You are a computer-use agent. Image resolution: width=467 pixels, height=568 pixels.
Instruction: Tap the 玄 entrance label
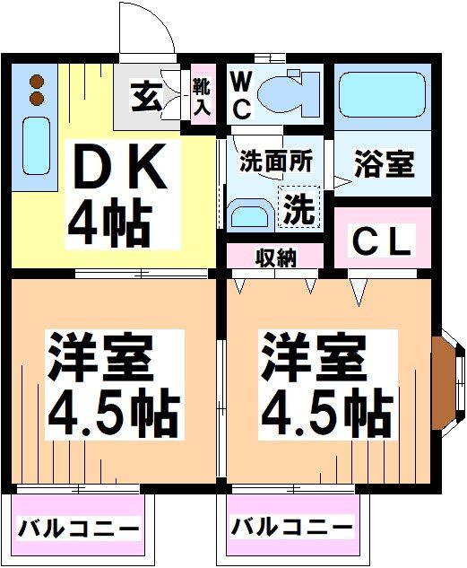(x=147, y=95)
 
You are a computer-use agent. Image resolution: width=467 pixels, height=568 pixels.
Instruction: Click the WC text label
(x=241, y=94)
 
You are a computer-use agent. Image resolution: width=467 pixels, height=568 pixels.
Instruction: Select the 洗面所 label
(x=276, y=162)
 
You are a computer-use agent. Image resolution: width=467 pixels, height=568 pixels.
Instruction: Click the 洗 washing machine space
(x=298, y=209)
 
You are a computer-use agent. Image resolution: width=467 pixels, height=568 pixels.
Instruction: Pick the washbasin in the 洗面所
(x=246, y=215)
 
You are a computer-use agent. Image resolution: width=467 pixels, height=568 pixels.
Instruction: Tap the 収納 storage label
(x=275, y=258)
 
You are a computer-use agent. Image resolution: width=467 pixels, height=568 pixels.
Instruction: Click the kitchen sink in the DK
(x=35, y=145)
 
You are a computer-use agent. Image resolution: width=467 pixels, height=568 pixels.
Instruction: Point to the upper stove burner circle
(x=38, y=80)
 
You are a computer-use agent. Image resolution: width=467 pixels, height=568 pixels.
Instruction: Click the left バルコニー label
(x=79, y=528)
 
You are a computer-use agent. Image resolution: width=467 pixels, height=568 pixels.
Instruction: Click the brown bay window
(x=443, y=382)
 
